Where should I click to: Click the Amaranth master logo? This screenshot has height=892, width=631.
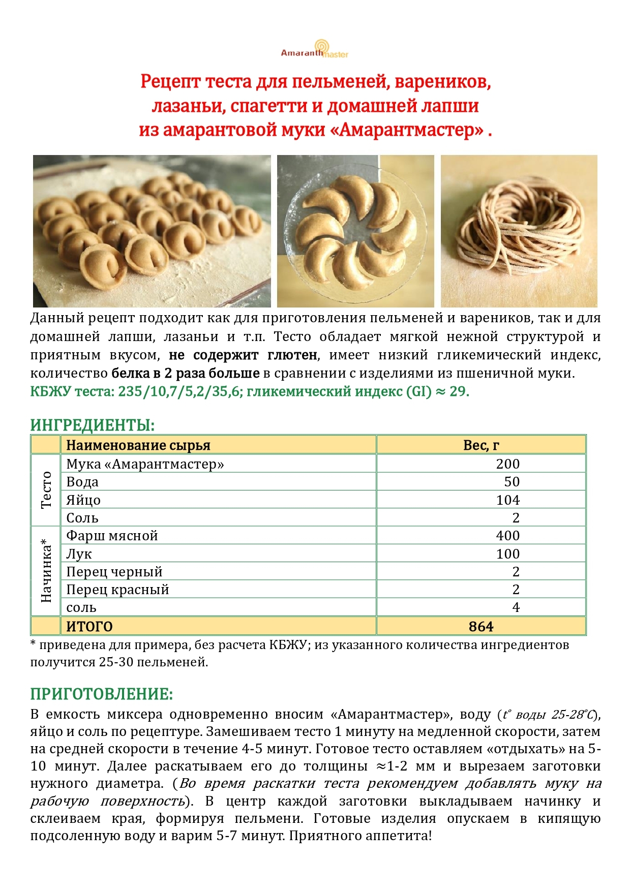pyautogui.click(x=315, y=49)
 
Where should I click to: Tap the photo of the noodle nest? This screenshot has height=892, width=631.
pyautogui.click(x=519, y=231)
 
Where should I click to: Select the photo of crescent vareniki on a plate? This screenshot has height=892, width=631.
pyautogui.click(x=355, y=231)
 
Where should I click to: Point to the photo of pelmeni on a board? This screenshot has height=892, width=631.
pyautogui.click(x=152, y=231)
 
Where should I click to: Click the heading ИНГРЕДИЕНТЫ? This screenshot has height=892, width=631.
pyautogui.click(x=92, y=425)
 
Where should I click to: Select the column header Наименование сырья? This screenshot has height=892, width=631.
pyautogui.click(x=138, y=445)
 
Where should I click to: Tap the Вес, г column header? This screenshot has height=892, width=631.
pyautogui.click(x=480, y=445)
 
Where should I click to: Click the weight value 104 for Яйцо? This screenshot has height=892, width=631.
pyautogui.click(x=507, y=500)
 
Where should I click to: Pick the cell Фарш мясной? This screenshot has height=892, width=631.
pyautogui.click(x=112, y=536)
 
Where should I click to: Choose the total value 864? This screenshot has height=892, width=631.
pyautogui.click(x=480, y=626)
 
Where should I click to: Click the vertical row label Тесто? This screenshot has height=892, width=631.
pyautogui.click(x=46, y=490)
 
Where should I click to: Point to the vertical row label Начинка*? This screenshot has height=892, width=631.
pyautogui.click(x=46, y=571)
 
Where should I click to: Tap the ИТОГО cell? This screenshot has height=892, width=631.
pyautogui.click(x=89, y=626)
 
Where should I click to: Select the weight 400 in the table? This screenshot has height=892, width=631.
pyautogui.click(x=507, y=536)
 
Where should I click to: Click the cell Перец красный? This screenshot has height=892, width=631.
pyautogui.click(x=117, y=590)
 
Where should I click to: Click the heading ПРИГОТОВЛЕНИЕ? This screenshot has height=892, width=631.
pyautogui.click(x=102, y=694)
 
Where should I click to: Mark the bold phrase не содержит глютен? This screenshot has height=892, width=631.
pyautogui.click(x=243, y=355)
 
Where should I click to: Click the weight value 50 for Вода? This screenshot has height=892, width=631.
pyautogui.click(x=512, y=482)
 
